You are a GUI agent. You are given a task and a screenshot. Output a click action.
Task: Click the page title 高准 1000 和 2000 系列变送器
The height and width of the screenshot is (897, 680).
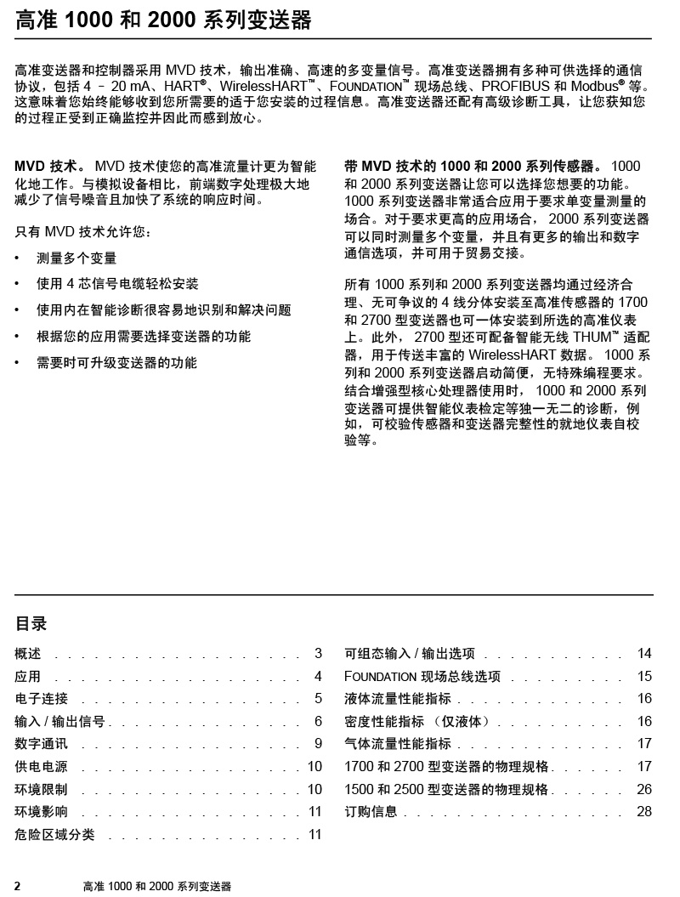coord(163,20)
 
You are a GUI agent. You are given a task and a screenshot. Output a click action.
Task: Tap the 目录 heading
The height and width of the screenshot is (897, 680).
coord(31,623)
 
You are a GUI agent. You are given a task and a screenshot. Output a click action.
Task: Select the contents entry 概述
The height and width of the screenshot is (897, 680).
coord(28,654)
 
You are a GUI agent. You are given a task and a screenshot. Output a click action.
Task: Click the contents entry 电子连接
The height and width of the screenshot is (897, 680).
coord(42,699)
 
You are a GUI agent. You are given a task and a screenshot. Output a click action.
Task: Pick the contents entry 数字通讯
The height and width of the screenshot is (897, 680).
coord(42,744)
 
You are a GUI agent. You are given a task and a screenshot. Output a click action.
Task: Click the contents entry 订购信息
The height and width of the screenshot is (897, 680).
coord(371,812)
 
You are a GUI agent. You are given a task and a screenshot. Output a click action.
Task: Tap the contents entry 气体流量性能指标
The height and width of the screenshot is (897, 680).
coord(398,744)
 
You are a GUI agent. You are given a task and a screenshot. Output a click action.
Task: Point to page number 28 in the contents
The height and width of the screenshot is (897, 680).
coord(644,812)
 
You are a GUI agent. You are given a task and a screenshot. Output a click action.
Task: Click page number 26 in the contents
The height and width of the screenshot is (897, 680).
coord(644,789)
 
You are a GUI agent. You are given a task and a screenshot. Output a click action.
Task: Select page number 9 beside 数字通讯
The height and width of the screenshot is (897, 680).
coord(318,744)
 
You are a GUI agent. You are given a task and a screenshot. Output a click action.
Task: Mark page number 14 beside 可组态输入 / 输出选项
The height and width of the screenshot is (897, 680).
coord(644,654)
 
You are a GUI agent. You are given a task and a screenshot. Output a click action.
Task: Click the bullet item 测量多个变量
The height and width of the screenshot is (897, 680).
coord(76,258)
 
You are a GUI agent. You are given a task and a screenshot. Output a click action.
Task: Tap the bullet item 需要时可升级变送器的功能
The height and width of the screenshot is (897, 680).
coord(116,363)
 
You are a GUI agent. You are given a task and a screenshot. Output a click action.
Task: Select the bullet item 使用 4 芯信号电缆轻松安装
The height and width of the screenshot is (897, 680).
coord(117,284)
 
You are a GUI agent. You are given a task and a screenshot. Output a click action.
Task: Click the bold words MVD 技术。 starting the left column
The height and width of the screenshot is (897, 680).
coord(50,167)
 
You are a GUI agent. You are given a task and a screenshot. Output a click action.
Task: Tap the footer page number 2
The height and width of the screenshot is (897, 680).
coord(18,886)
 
